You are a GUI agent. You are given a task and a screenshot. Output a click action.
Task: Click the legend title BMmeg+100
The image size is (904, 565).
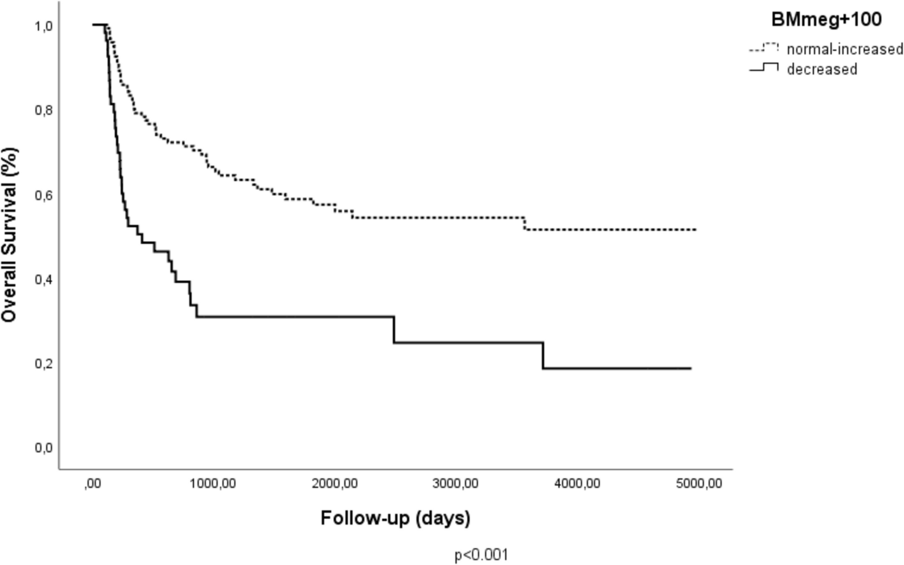[x=826, y=20]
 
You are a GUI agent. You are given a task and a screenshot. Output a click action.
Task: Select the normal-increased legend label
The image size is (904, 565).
[x=844, y=49]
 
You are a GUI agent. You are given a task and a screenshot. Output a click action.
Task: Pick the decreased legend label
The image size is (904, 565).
[x=822, y=69]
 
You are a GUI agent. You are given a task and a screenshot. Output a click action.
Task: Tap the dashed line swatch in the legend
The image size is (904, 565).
[x=764, y=48]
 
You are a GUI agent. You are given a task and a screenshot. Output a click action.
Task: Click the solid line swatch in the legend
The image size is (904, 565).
[x=764, y=69]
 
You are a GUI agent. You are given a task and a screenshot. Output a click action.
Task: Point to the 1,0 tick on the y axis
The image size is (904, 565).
[x=44, y=26]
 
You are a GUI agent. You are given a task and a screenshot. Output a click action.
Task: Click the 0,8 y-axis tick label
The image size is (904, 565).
[x=44, y=110]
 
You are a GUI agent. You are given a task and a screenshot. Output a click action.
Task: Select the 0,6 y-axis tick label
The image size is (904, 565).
[x=44, y=195]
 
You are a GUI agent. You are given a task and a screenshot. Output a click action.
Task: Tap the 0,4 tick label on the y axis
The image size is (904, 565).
[x=44, y=279]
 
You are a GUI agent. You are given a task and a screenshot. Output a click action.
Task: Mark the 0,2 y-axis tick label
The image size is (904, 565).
[x=44, y=363]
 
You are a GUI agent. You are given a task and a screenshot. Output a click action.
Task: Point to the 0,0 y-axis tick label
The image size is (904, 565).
[x=44, y=448]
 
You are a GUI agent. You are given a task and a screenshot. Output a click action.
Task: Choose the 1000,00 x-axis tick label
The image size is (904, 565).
[x=213, y=484]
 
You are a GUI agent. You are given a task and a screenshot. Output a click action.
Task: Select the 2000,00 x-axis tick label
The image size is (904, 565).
[x=335, y=484]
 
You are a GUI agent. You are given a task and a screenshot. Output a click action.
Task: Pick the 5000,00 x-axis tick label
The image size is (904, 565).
[x=699, y=484]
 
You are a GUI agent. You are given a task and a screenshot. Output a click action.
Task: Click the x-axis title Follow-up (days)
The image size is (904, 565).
[x=395, y=519]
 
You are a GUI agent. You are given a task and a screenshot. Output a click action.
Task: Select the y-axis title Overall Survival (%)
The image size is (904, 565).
[x=10, y=235]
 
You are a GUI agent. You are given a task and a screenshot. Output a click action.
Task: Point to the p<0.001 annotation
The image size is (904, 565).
[x=481, y=555]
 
